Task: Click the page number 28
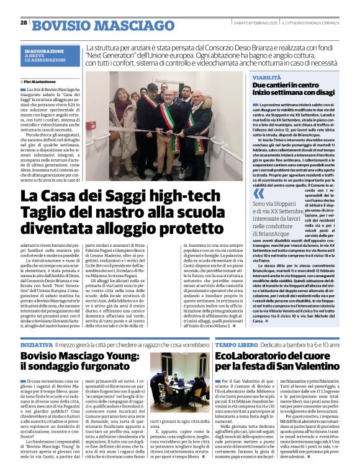(x=24, y=23)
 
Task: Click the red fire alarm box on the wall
(x=91, y=126)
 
